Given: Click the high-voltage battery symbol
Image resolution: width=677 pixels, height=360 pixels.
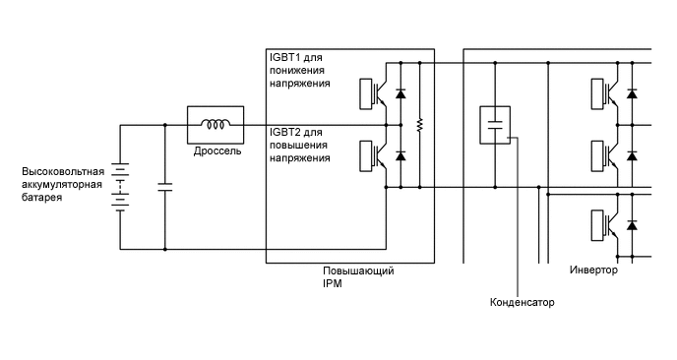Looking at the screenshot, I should point(120,186).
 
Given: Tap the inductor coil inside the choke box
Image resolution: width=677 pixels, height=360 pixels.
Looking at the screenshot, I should point(215,125).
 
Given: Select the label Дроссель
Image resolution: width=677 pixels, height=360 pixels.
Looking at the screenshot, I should point(215,152).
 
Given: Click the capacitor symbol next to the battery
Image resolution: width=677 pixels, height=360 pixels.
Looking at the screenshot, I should point(164,186).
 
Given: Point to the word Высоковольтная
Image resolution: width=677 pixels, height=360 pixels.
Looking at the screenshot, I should point(63,172).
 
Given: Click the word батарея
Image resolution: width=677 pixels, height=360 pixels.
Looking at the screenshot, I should point(42,198).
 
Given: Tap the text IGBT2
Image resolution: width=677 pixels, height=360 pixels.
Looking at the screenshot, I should point(284,132).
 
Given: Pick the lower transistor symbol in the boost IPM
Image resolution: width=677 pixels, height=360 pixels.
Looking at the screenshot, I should point(378,155).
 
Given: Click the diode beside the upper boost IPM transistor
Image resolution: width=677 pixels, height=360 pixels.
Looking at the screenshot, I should point(400,93).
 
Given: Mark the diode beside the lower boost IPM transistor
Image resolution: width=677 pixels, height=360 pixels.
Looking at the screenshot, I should point(400,155).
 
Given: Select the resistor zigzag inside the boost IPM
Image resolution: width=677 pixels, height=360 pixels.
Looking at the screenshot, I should point(419,125).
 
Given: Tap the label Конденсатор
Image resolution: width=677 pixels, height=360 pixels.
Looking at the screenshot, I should point(522,302).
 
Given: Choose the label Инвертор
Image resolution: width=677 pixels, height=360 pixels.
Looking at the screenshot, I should point(593,270).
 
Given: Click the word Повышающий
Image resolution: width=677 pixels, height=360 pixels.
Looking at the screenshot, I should point(358,270).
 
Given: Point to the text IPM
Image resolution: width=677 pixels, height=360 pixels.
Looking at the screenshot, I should point(333,283).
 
